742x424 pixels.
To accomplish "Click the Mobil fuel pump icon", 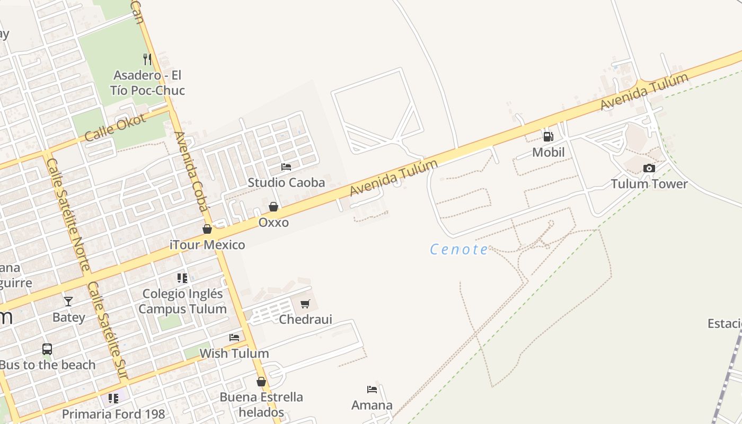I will [x=548, y=137].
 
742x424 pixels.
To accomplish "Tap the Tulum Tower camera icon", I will [x=649, y=169].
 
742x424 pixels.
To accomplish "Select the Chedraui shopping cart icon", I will [x=305, y=304].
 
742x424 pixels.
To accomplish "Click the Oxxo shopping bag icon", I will [x=273, y=207].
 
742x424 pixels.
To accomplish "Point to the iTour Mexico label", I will [x=207, y=245].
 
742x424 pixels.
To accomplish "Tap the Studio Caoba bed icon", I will [x=286, y=167].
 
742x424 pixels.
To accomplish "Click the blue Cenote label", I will [x=459, y=249].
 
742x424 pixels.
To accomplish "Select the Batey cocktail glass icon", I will [x=68, y=302].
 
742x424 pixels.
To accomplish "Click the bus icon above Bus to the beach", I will [x=47, y=349].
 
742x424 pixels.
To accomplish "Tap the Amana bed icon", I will [x=372, y=390].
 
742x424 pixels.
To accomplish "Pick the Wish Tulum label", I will [x=234, y=353].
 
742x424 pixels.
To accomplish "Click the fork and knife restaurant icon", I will [x=147, y=59].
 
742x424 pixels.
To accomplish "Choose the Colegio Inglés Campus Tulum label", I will [x=182, y=301].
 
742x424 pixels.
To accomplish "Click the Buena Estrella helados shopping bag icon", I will [x=261, y=382].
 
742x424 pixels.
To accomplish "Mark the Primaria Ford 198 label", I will [x=113, y=414].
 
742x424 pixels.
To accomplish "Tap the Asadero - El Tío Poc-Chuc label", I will [x=147, y=83].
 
